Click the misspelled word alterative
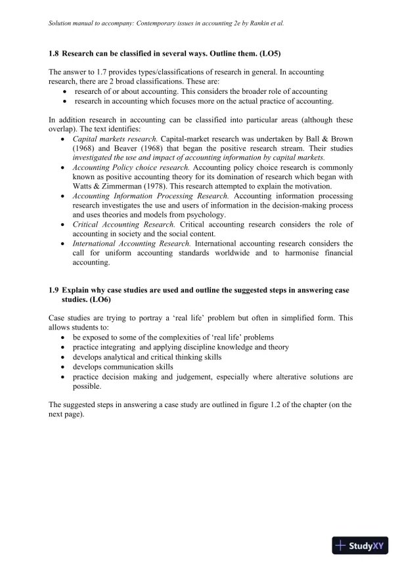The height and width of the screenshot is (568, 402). (269, 377)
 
